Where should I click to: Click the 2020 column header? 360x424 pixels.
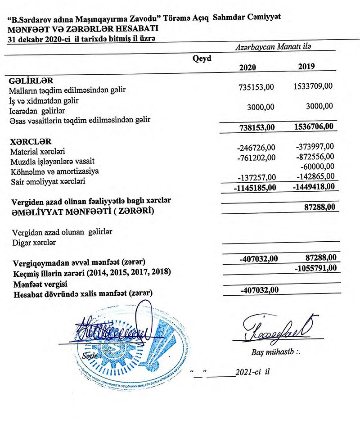tap(247, 68)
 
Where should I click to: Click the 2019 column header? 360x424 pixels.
tap(306, 66)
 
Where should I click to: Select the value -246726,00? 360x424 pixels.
tap(255, 147)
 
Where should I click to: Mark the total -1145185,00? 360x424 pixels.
tap(254, 185)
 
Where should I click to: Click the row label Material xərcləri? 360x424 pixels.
tap(36, 152)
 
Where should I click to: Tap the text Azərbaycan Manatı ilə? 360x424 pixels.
tap(273, 47)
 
